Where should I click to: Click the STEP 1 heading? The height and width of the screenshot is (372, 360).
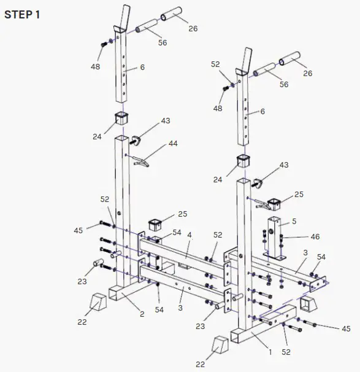tap(22, 15)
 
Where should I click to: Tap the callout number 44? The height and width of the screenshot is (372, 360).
tap(174, 143)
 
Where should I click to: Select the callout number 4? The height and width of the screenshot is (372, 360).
tap(190, 234)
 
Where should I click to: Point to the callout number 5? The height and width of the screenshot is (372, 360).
tap(294, 221)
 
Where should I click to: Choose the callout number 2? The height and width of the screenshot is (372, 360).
tap(142, 314)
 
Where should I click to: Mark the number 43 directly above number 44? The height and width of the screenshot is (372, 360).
tap(166, 122)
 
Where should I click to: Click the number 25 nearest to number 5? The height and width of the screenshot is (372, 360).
tap(299, 195)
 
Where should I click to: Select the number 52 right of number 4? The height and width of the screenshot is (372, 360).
tap(217, 235)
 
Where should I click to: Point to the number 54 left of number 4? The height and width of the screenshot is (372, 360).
tap(176, 232)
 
